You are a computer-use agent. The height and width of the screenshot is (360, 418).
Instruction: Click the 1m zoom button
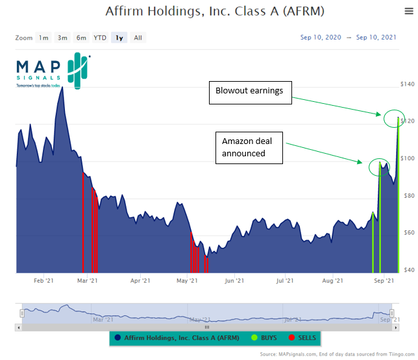coord(43,38)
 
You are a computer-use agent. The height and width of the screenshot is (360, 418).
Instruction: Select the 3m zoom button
coord(62,38)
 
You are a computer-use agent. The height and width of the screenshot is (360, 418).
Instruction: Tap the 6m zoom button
coord(81,38)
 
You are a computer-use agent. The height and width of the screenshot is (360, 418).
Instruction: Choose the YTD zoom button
coord(100,38)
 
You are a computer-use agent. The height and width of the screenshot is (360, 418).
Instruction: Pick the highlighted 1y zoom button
coord(119,38)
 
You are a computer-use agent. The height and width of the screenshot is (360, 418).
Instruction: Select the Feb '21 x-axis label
coord(43,281)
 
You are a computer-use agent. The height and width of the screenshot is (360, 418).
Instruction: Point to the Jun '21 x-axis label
coord(234,281)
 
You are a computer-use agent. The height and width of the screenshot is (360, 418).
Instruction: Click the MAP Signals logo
coord(53,72)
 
